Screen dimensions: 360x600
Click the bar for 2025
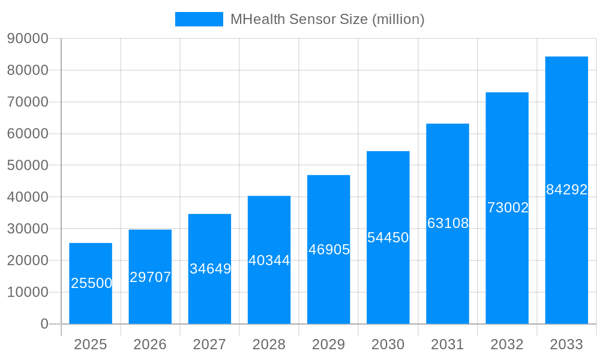pyautogui.click(x=91, y=283)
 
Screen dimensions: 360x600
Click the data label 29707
pyautogui.click(x=151, y=277)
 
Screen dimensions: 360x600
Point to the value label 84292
pyautogui.click(x=566, y=190)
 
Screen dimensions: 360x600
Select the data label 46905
pyautogui.click(x=329, y=250)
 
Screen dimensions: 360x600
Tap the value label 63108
pyautogui.click(x=448, y=223)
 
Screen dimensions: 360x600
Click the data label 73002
pyautogui.click(x=508, y=208)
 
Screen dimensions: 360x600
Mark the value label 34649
pyautogui.click(x=210, y=269)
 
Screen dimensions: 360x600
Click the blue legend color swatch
pyautogui.click(x=199, y=19)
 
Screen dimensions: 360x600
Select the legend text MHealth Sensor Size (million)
pyautogui.click(x=328, y=19)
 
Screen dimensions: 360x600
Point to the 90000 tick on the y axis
pyautogui.click(x=28, y=38)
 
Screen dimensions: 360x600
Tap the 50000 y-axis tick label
pyautogui.click(x=28, y=165)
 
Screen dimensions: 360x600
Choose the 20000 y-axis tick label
pyautogui.click(x=28, y=260)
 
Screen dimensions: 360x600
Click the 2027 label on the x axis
pyautogui.click(x=209, y=344)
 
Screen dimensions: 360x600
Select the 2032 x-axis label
pyautogui.click(x=507, y=344)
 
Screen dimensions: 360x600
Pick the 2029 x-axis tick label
pyautogui.click(x=328, y=344)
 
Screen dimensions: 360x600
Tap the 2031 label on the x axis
pyautogui.click(x=448, y=344)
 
